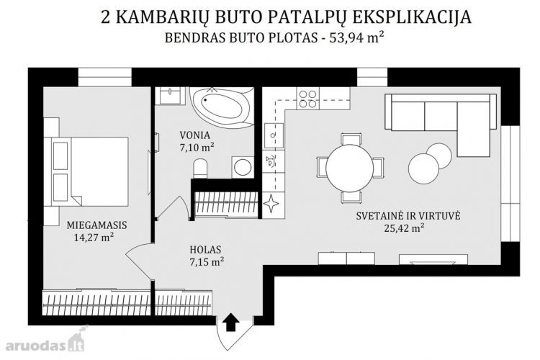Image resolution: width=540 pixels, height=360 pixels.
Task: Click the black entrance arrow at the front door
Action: [x=230, y=322]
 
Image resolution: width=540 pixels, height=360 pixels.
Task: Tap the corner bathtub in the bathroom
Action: [x=222, y=107]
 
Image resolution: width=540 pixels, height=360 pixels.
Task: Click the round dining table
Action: [x=349, y=168]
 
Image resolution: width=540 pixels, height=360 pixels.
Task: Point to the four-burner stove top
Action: [x=308, y=99]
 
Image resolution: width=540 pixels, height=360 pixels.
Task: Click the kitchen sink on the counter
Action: [x=274, y=132]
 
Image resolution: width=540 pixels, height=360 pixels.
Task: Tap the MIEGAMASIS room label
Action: [x=96, y=225]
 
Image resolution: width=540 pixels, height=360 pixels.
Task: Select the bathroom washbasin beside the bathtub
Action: [x=170, y=96]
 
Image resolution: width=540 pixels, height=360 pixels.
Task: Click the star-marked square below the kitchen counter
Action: [x=273, y=203]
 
